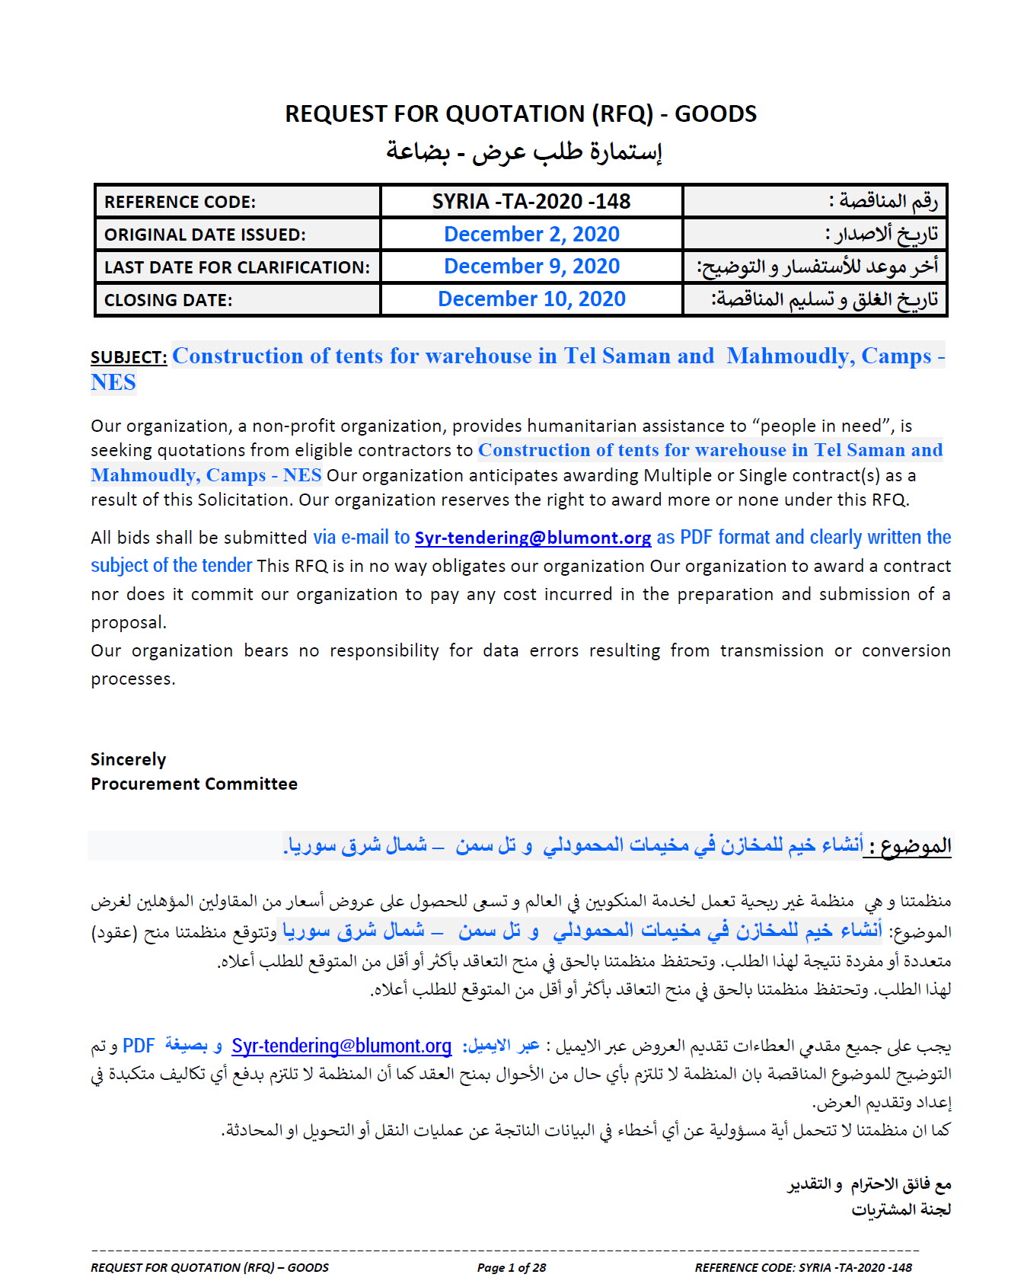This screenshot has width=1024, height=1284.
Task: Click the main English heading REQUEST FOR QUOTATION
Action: pyautogui.click(x=521, y=114)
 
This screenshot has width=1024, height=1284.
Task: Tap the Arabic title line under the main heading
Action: pyautogui.click(x=524, y=152)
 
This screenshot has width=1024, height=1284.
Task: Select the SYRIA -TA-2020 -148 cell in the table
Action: pyautogui.click(x=531, y=202)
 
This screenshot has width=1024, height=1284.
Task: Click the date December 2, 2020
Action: pyautogui.click(x=531, y=235)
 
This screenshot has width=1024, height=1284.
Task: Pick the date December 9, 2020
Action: pyautogui.click(x=531, y=267)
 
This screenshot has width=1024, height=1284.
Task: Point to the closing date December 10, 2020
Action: pyautogui.click(x=531, y=299)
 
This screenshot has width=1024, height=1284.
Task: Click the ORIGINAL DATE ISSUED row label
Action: pyautogui.click(x=205, y=235)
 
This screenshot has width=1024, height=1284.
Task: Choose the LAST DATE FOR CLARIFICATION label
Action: pyautogui.click(x=237, y=268)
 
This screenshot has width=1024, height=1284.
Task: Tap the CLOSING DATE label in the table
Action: pyautogui.click(x=168, y=301)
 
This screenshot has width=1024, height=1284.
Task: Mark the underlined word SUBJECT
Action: pyautogui.click(x=129, y=358)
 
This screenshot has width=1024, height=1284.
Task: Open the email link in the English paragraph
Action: pyautogui.click(x=532, y=538)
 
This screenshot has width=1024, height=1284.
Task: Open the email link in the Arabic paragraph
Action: pyautogui.click(x=342, y=1046)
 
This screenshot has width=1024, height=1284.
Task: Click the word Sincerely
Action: pyautogui.click(x=128, y=759)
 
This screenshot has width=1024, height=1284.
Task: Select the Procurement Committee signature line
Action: pyautogui.click(x=194, y=784)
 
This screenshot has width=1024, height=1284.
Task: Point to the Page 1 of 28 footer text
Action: pyautogui.click(x=512, y=1267)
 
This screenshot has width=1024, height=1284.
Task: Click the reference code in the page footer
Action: pyautogui.click(x=803, y=1267)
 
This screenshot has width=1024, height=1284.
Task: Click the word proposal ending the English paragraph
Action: pyautogui.click(x=128, y=623)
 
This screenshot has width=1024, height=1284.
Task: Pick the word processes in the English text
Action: pyautogui.click(x=132, y=679)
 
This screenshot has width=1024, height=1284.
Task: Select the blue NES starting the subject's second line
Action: pyautogui.click(x=113, y=383)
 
